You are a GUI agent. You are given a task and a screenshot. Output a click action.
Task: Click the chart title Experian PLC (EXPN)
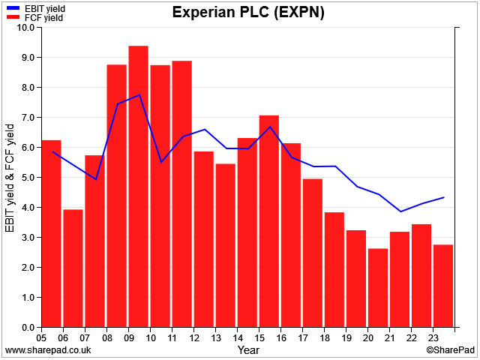click(x=248, y=12)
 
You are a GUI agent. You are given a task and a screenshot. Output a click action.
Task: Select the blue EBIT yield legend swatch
click(x=13, y=8)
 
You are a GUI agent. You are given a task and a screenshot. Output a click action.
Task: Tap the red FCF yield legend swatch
click(x=13, y=17)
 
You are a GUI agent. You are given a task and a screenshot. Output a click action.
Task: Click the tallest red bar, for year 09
click(x=138, y=187)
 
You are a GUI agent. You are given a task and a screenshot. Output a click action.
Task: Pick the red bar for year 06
click(x=73, y=268)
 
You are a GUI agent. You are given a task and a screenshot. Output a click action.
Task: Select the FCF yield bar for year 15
click(x=269, y=221)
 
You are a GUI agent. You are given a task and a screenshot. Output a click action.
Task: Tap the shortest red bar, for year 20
click(x=378, y=288)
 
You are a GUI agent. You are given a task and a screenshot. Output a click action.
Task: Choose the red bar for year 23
click(x=443, y=286)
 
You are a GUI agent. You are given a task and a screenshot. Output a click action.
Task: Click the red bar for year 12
click(x=204, y=239)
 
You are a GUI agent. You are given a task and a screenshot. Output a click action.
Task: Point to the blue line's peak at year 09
click(x=139, y=95)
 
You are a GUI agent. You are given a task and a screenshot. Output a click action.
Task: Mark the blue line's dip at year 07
click(x=96, y=179)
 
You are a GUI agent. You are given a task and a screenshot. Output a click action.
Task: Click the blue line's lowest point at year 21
click(x=400, y=211)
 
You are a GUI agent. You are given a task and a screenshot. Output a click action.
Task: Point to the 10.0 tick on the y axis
click(x=38, y=27)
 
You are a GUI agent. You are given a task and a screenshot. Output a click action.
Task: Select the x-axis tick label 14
click(x=238, y=338)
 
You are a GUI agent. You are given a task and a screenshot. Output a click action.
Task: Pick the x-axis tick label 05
click(x=41, y=338)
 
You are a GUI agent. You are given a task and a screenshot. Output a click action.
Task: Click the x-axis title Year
click(x=248, y=350)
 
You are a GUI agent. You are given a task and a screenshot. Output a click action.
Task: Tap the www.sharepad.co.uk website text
click(x=48, y=350)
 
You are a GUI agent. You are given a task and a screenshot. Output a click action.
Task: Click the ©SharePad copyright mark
click(x=450, y=350)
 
